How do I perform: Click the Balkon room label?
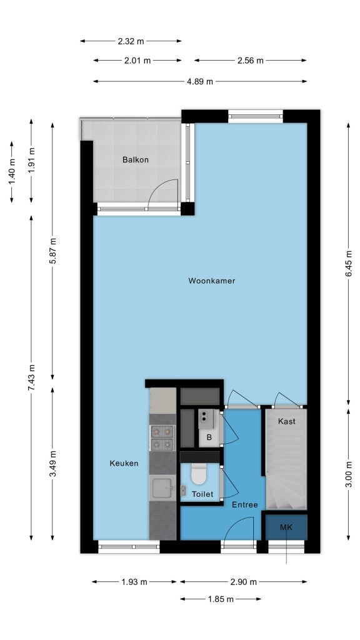136,159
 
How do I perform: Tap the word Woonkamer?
212,281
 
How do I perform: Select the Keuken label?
124,463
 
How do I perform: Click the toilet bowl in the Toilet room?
199,474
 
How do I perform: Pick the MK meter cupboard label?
286,527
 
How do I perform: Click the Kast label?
286,421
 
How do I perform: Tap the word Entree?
245,505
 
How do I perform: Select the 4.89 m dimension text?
200,82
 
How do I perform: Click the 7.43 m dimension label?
31,377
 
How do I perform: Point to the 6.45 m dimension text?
349,263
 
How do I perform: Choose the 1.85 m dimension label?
221,599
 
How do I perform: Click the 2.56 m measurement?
251,61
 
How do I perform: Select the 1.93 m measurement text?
134,582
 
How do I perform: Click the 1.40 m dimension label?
12,171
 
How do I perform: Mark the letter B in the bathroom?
209,437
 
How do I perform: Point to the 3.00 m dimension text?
349,474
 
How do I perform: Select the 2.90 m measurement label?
244,582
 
